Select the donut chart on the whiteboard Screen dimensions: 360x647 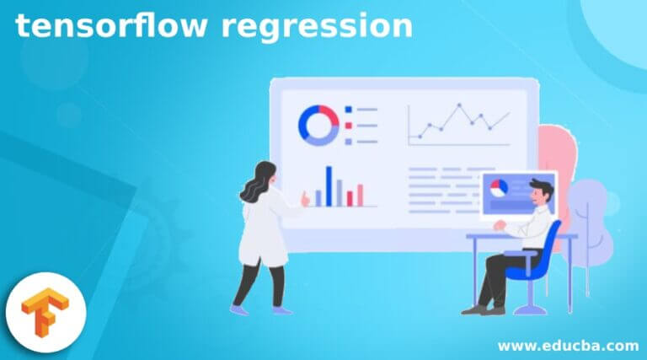pos(318,125)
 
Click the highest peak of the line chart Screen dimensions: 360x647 pos(459,105)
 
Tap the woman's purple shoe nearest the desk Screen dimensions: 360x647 pos(283,310)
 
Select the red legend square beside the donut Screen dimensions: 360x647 pos(349,125)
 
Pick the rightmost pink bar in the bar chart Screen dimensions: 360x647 pos(360,196)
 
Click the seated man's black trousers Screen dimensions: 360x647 pos(497,270)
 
